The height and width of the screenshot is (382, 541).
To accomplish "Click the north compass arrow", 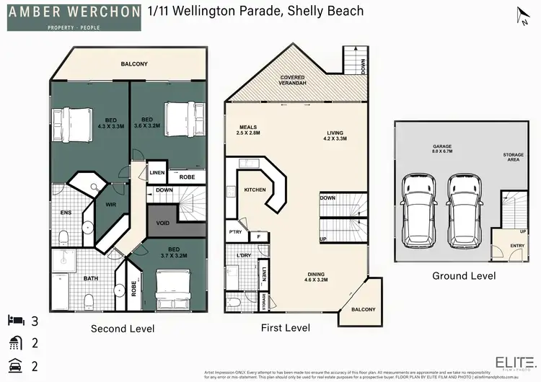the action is (521, 15).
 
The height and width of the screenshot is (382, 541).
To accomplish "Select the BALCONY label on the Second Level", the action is (134, 64).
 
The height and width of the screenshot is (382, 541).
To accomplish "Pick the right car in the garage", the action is (462, 209).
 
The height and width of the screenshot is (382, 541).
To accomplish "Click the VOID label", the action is (163, 223).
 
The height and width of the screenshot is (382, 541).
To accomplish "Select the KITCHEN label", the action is (255, 190).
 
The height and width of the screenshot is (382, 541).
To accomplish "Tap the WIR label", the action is (113, 205).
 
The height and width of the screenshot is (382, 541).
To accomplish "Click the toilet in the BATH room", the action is (88, 299).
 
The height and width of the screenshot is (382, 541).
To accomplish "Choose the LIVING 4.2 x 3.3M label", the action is (335, 136).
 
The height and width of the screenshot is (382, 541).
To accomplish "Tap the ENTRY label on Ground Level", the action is (516, 246).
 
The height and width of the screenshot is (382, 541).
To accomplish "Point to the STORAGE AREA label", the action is (514, 158).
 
